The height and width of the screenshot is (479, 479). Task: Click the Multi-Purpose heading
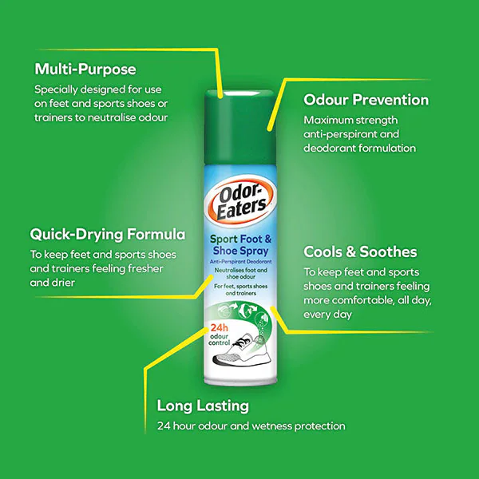[85, 69]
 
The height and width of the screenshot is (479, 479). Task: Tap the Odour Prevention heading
[366, 100]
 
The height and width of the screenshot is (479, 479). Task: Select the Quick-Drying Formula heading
[108, 235]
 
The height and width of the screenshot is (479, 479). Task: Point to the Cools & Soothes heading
[360, 252]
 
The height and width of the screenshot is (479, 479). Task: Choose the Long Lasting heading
[203, 406]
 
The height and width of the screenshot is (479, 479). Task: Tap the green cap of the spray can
[240, 128]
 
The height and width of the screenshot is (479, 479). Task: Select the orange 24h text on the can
[219, 328]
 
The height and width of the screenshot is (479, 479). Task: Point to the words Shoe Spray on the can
[241, 251]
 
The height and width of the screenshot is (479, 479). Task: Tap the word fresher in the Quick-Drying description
[145, 269]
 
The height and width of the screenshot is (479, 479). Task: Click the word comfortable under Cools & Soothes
[363, 301]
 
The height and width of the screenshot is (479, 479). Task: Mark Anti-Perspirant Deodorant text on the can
[241, 262]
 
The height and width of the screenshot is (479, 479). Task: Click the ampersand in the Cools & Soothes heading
[351, 252]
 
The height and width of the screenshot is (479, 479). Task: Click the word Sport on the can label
[224, 239]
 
